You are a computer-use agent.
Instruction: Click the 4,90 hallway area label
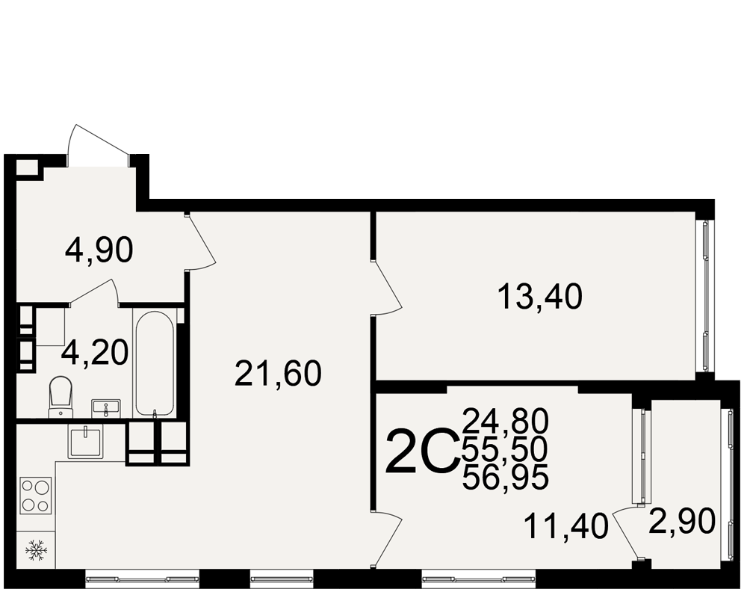(99, 250)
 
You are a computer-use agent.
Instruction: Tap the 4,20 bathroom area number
(96, 353)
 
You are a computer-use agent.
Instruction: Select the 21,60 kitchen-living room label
(278, 373)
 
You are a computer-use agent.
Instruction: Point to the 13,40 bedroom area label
(540, 296)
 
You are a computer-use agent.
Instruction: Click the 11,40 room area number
(566, 526)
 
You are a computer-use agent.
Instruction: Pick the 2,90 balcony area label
(682, 521)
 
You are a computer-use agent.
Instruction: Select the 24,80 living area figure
(506, 421)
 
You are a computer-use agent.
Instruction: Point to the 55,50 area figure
(506, 449)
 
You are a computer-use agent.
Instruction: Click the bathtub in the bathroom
(154, 364)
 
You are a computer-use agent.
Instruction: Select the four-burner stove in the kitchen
(36, 496)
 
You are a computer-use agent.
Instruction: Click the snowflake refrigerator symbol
(36, 550)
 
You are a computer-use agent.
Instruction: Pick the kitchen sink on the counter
(86, 442)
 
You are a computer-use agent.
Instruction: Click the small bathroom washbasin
(105, 409)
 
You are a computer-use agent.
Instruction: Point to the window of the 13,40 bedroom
(704, 296)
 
